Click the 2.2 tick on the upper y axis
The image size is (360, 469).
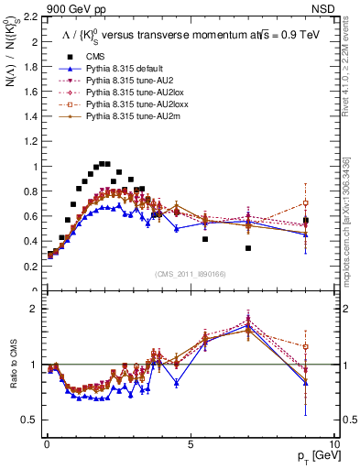[30, 16]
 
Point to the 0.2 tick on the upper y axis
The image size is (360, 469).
[30, 267]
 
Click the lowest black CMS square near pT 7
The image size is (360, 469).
[247, 248]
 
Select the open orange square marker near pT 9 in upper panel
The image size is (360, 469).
[306, 202]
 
